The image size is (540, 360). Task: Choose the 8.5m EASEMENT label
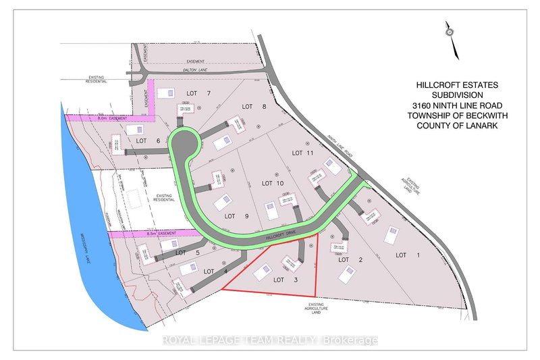(159, 233)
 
